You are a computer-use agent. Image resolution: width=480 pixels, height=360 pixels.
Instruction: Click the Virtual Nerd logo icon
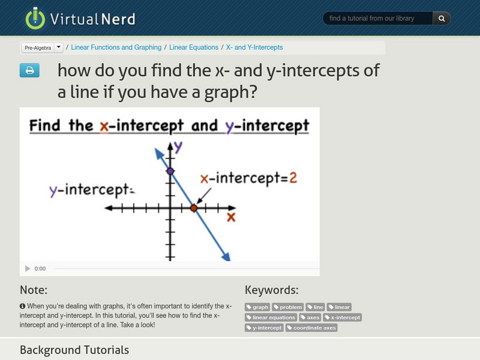point(35,19)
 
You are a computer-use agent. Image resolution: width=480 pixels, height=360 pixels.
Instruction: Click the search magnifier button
point(442,19)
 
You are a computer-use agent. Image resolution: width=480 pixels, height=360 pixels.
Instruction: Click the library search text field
point(378,19)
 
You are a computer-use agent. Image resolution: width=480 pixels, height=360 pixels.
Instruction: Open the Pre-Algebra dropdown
point(58,47)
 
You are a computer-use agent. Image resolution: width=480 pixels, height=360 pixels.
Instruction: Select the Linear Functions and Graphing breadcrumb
point(116,47)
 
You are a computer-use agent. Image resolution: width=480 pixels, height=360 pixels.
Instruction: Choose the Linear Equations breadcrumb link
point(194,47)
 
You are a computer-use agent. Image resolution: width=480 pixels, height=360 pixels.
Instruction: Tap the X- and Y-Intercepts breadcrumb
point(254,47)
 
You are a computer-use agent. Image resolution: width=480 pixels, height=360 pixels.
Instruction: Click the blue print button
point(29,71)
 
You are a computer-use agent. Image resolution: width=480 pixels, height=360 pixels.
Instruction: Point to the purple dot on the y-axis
point(170,172)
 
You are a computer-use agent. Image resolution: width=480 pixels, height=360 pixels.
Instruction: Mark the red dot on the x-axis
point(194,208)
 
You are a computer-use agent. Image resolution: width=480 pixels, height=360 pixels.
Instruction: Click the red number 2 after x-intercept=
point(293,178)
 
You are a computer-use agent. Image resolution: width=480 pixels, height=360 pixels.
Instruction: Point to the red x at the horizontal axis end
point(230,217)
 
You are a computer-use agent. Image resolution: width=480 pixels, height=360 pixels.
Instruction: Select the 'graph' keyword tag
point(257,307)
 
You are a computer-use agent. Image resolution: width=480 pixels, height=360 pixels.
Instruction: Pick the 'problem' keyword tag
point(288,307)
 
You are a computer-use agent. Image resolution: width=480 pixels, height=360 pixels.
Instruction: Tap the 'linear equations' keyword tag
point(271,317)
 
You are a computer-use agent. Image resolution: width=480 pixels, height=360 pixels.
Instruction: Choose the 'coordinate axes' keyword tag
point(311,328)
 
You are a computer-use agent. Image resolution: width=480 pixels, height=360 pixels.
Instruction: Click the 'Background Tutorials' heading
point(74,350)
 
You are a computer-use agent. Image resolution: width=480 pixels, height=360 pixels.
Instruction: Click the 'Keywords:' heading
point(272,290)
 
